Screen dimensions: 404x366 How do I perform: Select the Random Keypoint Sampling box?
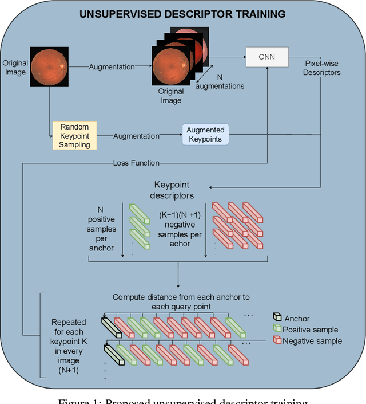click(x=74, y=136)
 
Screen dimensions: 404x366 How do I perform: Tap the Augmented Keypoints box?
click(x=205, y=135)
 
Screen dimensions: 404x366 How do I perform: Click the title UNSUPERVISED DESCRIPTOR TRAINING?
click(x=182, y=13)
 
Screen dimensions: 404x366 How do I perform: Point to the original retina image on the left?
click(x=49, y=67)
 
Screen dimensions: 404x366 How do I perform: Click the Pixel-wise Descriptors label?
click(x=323, y=68)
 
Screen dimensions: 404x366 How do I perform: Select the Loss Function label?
click(x=136, y=163)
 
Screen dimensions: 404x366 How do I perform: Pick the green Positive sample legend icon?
click(x=277, y=330)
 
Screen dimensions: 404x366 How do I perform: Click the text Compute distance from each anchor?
click(x=181, y=301)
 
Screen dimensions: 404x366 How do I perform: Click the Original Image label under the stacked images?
click(x=170, y=96)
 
